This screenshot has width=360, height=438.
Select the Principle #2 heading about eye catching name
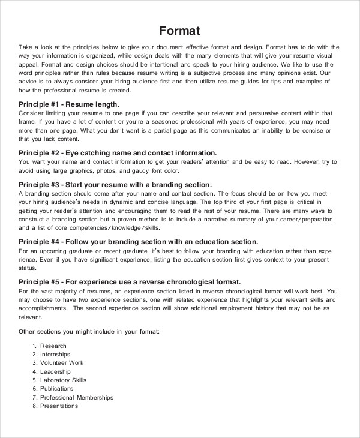(x=118, y=153)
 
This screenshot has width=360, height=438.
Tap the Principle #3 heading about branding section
(x=115, y=185)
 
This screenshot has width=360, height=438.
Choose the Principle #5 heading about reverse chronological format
(x=130, y=281)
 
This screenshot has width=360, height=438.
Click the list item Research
(x=53, y=346)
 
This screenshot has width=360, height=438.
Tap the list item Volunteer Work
(x=62, y=363)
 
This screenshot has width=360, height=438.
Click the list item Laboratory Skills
(x=64, y=380)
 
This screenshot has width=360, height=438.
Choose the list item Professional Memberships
(x=77, y=397)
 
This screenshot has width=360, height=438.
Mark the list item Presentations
(x=59, y=406)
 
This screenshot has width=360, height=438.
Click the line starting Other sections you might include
(x=89, y=331)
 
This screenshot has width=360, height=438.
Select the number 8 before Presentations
(x=35, y=406)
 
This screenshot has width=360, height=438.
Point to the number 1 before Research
(x=35, y=346)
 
